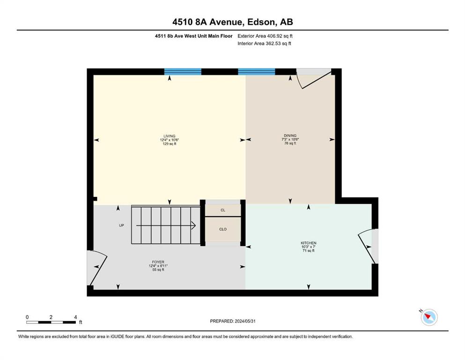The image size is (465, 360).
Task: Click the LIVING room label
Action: [170, 136]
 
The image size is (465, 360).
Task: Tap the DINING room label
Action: [290, 135]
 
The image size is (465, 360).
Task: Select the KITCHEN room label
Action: [309, 243]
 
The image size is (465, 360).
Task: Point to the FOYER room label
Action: [158, 262]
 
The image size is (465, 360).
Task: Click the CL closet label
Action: [223, 210]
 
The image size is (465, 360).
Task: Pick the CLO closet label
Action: [223, 229]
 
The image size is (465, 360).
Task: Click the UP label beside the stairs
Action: [121, 225]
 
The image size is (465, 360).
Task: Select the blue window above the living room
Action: [183, 72]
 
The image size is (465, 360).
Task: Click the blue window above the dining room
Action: [257, 72]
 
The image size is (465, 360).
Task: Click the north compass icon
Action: [429, 317]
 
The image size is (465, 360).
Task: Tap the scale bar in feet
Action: [51, 322]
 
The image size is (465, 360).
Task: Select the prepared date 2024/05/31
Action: [245, 321]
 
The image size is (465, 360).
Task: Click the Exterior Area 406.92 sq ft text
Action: [265, 36]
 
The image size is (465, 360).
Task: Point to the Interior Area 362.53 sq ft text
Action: [264, 43]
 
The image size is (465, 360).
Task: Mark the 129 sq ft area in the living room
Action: [170, 143]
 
